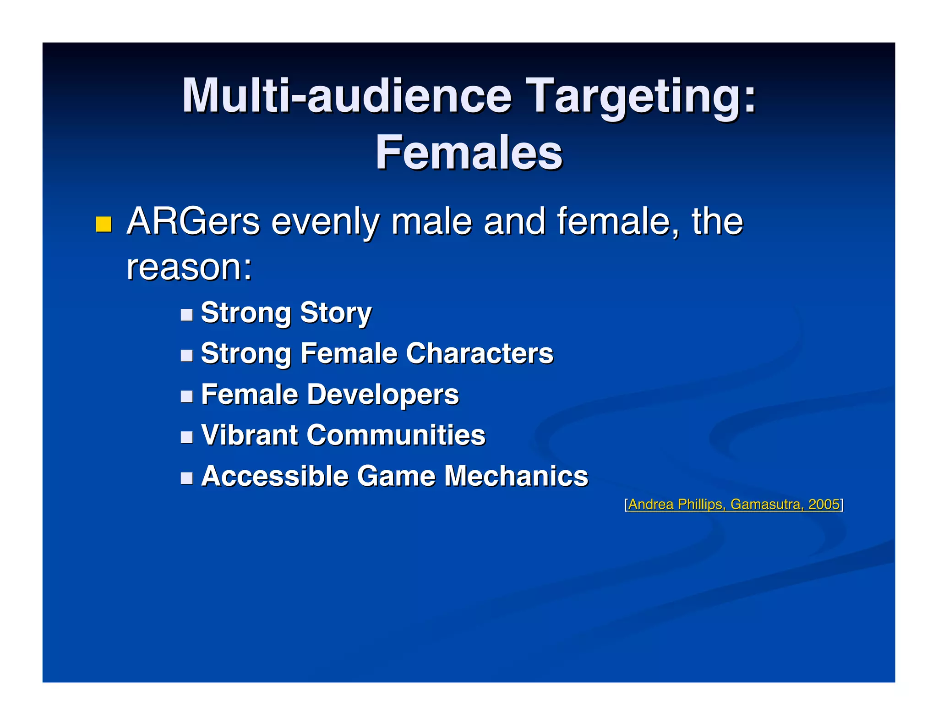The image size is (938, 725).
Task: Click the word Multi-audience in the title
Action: pyautogui.click(x=346, y=96)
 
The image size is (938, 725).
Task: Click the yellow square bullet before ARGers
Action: pyautogui.click(x=104, y=224)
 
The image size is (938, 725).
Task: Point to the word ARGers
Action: pyautogui.click(x=193, y=222)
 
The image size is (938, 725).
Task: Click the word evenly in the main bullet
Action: pyautogui.click(x=325, y=222)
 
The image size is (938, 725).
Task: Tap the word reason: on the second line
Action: pyautogui.click(x=189, y=267)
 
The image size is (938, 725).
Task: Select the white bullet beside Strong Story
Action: pyautogui.click(x=186, y=314)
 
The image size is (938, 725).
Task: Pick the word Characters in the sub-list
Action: pyautogui.click(x=480, y=353)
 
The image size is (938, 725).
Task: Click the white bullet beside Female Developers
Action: pyautogui.click(x=186, y=396)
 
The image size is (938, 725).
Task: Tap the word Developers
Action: pyautogui.click(x=382, y=395)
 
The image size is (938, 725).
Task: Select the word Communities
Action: pyautogui.click(x=396, y=435)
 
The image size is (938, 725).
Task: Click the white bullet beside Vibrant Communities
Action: pyautogui.click(x=186, y=437)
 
